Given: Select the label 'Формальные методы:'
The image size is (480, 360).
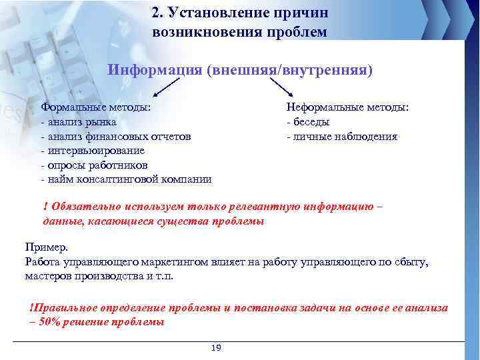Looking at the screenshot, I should pos(95,107).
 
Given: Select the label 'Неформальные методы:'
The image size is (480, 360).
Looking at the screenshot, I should pos(347,107).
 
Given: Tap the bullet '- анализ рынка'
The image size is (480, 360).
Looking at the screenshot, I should pos(79,122).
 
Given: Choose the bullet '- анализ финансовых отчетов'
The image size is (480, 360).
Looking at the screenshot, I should pos(116,137).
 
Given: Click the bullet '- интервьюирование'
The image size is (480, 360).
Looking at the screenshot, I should pos(92,151).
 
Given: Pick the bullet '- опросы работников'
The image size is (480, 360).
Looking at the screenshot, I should pos(95,165).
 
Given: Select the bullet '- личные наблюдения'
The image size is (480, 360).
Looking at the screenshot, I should pos(341,137).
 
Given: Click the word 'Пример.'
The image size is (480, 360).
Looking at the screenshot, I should pos(46,247).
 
